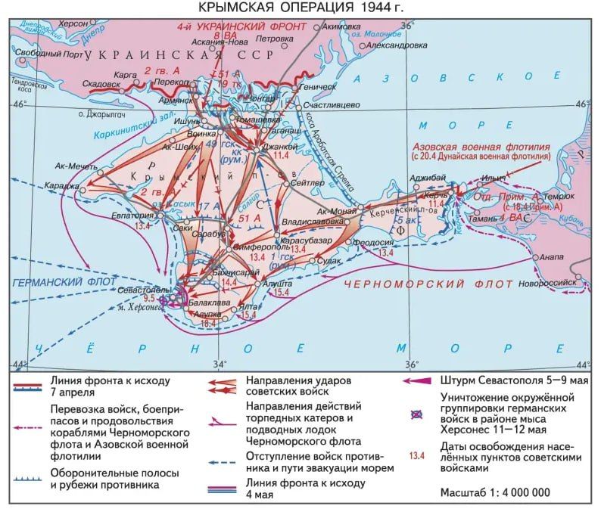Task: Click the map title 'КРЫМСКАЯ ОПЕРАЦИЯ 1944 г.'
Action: click(x=300, y=8)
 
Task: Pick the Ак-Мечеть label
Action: click(x=75, y=166)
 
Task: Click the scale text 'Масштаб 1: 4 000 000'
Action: click(x=495, y=492)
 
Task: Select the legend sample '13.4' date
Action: click(x=416, y=456)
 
